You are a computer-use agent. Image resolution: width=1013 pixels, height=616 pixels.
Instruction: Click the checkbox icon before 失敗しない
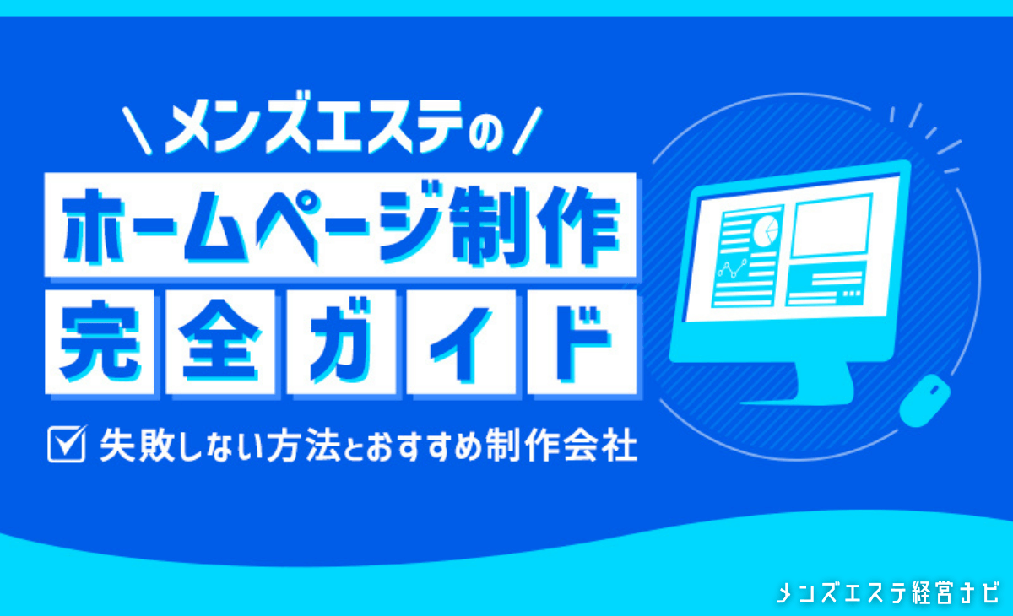click(x=68, y=444)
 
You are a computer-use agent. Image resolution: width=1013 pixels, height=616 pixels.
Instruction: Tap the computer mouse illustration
click(x=924, y=401)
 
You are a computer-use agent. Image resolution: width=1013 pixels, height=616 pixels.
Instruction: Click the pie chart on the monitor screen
click(x=766, y=230)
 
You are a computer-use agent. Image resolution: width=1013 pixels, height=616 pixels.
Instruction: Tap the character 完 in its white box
click(x=100, y=342)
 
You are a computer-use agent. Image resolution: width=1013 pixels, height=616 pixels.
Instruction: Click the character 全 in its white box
click(x=220, y=342)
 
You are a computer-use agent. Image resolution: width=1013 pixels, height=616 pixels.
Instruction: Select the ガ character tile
click(x=341, y=342)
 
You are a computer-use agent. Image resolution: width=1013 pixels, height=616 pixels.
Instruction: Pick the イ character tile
click(x=461, y=342)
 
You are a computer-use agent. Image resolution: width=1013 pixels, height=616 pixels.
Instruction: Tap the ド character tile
click(x=582, y=342)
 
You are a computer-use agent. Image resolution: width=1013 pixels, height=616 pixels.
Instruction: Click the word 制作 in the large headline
click(x=535, y=225)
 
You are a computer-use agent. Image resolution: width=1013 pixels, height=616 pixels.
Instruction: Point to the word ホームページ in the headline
click(x=253, y=225)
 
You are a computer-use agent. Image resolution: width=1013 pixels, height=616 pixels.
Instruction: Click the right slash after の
click(x=528, y=131)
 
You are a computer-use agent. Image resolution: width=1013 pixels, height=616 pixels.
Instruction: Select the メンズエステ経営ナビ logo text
click(x=887, y=592)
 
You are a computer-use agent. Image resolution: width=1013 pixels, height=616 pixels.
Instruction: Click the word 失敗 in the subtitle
click(x=138, y=445)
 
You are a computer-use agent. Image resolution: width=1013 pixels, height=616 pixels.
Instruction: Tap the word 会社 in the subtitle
click(x=601, y=445)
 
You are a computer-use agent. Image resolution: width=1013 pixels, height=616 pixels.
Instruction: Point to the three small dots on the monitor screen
click(x=852, y=294)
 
